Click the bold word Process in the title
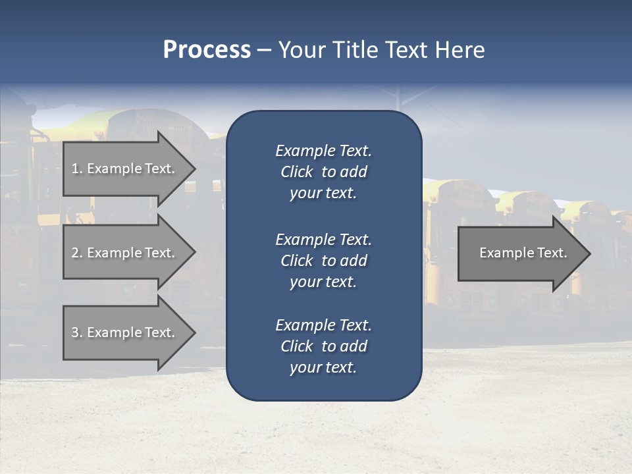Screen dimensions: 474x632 click(x=207, y=50)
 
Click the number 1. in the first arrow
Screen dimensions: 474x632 click(x=77, y=169)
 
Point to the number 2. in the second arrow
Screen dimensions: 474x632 click(x=77, y=253)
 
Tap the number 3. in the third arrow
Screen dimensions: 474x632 click(x=77, y=332)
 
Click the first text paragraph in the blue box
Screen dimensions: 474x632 click(x=323, y=172)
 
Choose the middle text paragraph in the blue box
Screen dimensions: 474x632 click(x=323, y=261)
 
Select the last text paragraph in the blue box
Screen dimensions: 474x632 click(x=323, y=346)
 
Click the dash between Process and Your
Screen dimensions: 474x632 click(x=265, y=50)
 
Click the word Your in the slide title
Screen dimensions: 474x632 click(x=303, y=50)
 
